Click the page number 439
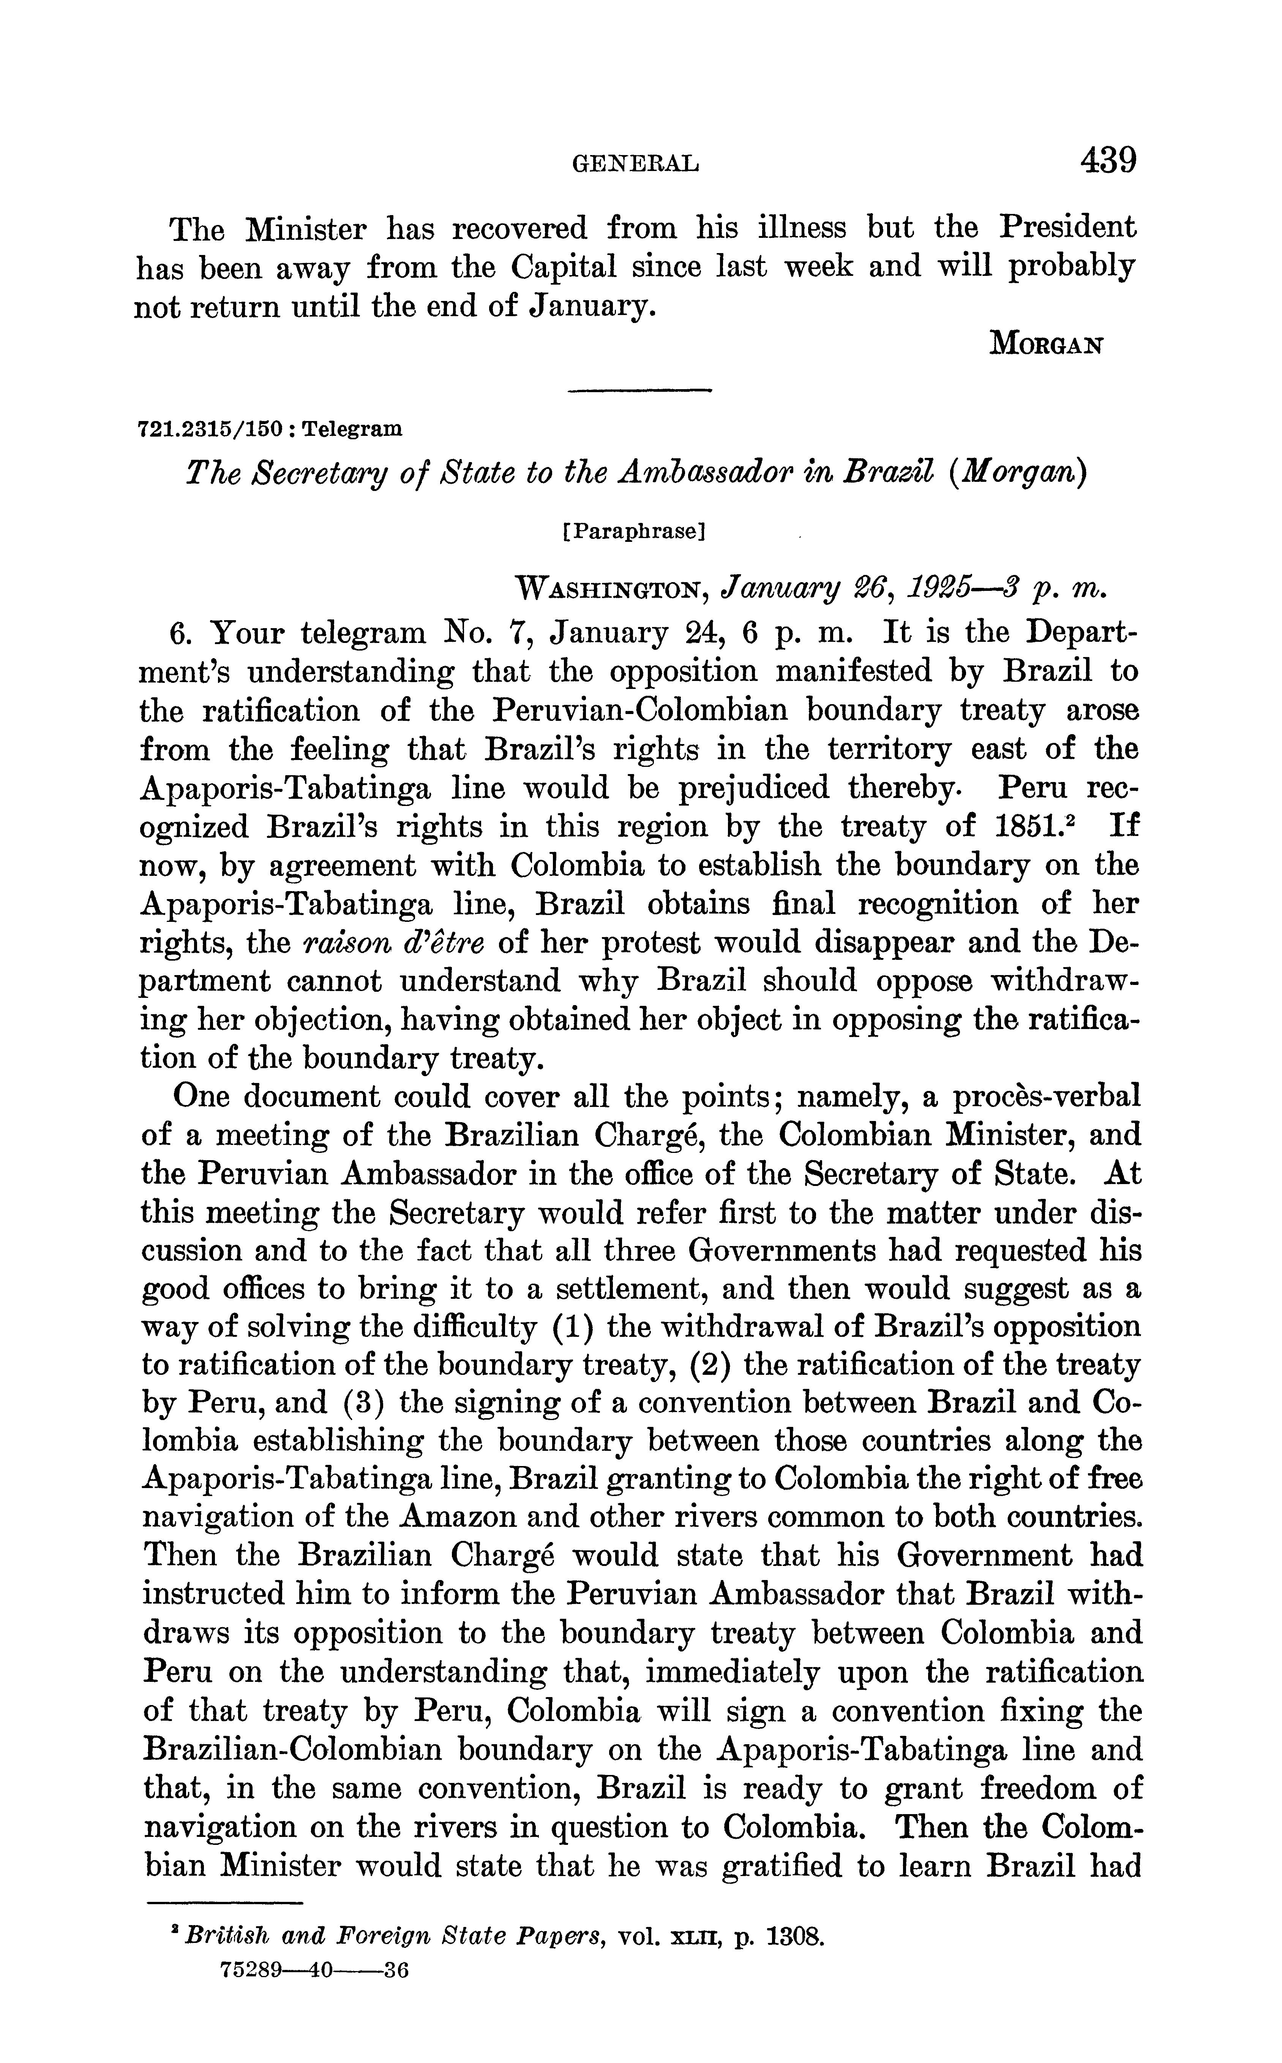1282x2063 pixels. click(x=1107, y=160)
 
